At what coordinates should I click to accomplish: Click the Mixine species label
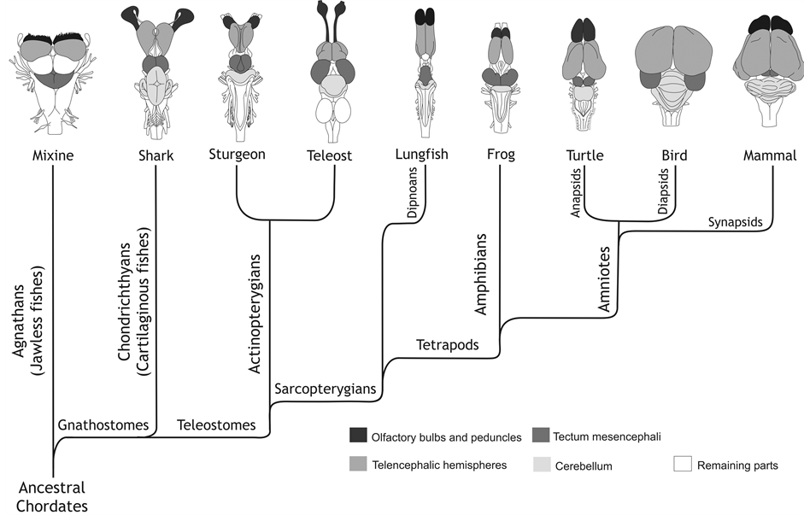(52, 156)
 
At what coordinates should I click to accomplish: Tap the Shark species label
(156, 156)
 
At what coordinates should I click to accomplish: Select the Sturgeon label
(237, 155)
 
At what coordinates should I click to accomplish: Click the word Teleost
(330, 156)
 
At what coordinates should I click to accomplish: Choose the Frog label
(500, 155)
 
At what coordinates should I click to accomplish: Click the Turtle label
(584, 155)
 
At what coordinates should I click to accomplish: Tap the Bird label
(674, 155)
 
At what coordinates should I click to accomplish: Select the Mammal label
(771, 156)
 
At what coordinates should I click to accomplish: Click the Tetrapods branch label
(447, 345)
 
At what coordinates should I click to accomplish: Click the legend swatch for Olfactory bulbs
(358, 436)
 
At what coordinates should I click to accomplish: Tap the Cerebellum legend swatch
(541, 465)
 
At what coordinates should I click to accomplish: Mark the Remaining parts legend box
(682, 465)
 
